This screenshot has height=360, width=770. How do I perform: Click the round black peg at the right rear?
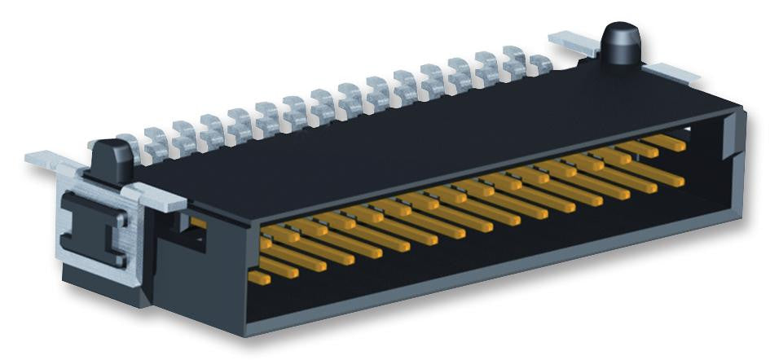618,44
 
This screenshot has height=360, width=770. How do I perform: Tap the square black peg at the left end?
112,160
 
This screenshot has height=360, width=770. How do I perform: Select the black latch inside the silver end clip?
99,228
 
